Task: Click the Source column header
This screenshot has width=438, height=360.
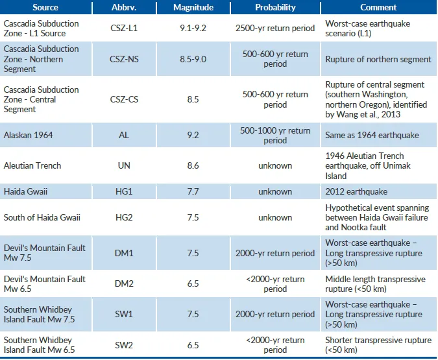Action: point(45,7)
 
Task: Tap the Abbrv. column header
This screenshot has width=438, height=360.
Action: point(124,7)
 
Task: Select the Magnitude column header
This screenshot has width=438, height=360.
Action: point(193,7)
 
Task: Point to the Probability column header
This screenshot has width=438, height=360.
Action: point(275,7)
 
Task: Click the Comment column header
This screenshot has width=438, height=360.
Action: point(378,7)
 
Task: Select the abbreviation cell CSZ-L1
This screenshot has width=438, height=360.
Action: point(124,28)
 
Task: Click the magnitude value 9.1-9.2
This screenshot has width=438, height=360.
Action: point(193,28)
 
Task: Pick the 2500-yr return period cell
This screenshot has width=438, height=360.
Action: point(275,28)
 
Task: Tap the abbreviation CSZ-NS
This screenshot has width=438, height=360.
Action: point(124,59)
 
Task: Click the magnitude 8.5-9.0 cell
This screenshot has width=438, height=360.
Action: point(193,59)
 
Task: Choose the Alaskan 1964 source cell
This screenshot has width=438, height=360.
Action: point(28,135)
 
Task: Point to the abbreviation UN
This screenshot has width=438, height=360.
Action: point(124,165)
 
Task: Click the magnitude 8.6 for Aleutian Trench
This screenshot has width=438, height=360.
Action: point(193,165)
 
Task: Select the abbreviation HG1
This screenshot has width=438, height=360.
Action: point(124,191)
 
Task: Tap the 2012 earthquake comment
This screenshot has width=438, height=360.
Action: point(356,191)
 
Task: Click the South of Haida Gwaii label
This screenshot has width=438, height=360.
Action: point(42,217)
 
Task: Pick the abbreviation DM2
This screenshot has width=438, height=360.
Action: point(124,283)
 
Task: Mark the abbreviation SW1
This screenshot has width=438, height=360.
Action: point(124,314)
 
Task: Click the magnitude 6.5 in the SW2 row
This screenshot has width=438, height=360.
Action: point(193,345)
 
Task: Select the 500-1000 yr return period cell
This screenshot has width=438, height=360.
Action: point(275,136)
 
